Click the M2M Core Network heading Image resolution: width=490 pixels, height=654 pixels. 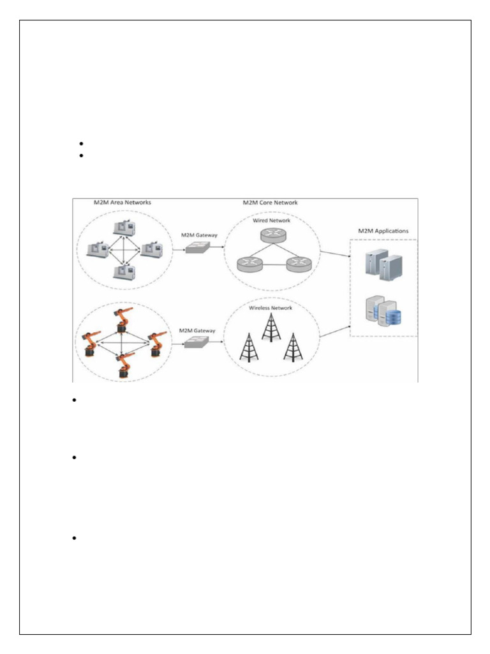click(x=270, y=203)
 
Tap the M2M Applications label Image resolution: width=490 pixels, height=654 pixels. click(x=383, y=231)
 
